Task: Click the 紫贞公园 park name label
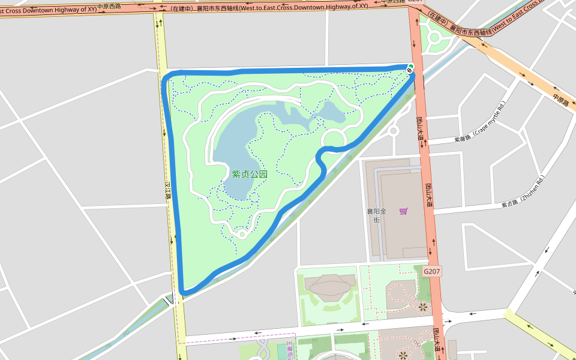(x=250, y=174)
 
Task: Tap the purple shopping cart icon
(x=404, y=211)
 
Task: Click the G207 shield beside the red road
(x=432, y=271)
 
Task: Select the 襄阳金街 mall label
(x=377, y=215)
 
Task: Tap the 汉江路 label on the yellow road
(x=169, y=192)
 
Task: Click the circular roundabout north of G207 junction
(x=434, y=40)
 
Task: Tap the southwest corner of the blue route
(x=182, y=292)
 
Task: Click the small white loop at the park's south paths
(x=242, y=234)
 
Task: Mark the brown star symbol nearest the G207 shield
(x=423, y=307)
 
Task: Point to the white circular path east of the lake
(x=334, y=139)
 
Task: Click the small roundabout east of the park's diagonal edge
(x=393, y=130)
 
